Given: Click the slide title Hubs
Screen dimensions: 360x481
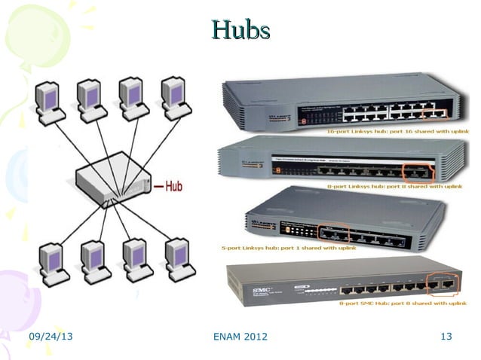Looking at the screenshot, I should [240, 30].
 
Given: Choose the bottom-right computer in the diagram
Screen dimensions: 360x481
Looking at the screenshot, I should [179, 260].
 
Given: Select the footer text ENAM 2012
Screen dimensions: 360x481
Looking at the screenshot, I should [240, 336].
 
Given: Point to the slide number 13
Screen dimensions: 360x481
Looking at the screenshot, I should [446, 336].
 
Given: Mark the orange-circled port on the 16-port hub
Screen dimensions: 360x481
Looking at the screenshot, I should [435, 113].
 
